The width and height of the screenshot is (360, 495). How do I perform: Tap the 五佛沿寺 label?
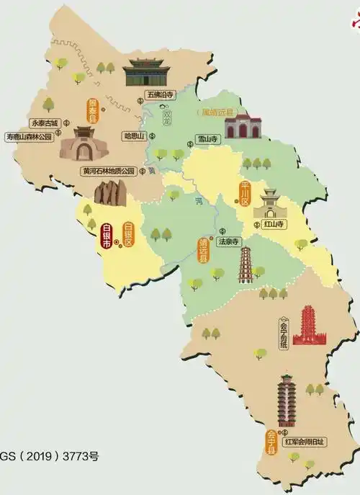click(x=160, y=94)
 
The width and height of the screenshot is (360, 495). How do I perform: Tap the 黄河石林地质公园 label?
click(x=108, y=171)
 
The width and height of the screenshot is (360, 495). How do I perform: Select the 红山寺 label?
click(x=274, y=225)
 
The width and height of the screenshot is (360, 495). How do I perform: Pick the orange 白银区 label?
click(x=129, y=234)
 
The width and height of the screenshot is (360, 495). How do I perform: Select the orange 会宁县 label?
click(x=271, y=442)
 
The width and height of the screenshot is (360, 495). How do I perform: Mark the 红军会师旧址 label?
click(x=305, y=441)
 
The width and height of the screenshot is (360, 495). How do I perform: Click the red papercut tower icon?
click(x=307, y=326)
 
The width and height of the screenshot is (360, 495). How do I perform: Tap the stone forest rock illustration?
click(x=110, y=192)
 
